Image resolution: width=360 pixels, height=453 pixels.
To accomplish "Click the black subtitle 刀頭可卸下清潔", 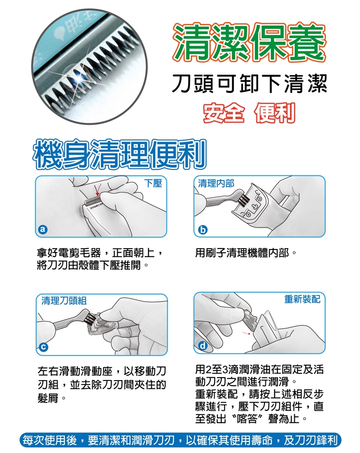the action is tap(250, 84).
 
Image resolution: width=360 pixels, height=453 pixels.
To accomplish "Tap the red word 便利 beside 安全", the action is tap(275, 113).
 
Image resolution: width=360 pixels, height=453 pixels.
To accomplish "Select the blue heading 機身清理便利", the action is tap(120, 154).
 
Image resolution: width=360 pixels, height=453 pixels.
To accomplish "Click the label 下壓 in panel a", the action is tap(153, 183).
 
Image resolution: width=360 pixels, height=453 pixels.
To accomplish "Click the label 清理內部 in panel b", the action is tap(216, 183).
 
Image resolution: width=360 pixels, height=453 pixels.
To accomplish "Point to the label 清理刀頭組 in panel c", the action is tap(64, 300).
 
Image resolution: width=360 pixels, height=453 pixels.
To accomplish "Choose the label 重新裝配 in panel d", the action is tap(302, 299).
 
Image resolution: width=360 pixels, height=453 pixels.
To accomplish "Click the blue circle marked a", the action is tap(43, 229).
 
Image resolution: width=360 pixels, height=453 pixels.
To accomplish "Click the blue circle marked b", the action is tap(203, 229).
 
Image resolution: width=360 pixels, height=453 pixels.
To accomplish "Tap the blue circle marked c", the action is tap(43, 347).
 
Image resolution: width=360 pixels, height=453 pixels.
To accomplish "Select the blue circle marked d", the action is tap(203, 346).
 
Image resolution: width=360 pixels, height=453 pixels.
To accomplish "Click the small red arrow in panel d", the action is tap(246, 333).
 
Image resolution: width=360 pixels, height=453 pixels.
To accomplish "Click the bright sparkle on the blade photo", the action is tap(78, 77).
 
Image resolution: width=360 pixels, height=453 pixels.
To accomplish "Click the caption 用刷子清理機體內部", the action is tap(242, 253).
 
